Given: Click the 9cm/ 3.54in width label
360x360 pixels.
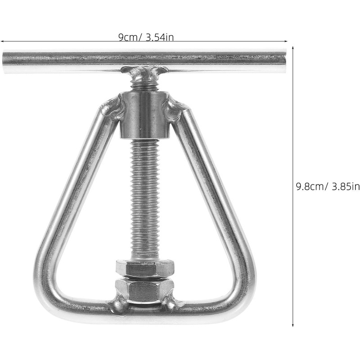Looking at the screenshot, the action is (x=146, y=37).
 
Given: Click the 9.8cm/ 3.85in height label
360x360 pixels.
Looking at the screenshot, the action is (x=328, y=186).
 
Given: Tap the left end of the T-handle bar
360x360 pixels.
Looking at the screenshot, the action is (x=3, y=62).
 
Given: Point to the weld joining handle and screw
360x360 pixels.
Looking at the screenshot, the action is (x=144, y=72).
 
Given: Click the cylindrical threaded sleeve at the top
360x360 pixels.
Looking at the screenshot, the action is (x=144, y=115).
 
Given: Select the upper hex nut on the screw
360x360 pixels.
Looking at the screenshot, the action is (x=144, y=268).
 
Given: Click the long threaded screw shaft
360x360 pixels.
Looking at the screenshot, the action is (x=144, y=198).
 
